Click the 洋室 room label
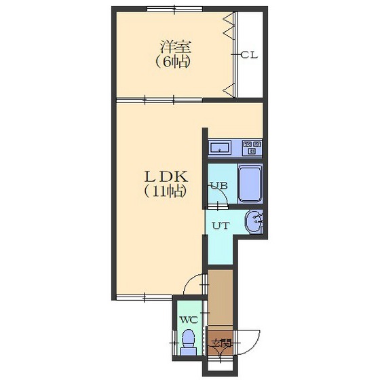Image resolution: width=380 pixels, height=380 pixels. point(176,47)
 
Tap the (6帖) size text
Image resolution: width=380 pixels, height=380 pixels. point(172,62)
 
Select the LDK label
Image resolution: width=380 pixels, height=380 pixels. point(166,176)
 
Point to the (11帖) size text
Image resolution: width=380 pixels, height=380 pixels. point(166,191)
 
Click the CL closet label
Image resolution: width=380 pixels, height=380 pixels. point(249,56)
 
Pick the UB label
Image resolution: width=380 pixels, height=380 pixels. point(218,186)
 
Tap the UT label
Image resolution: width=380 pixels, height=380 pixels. point(221,226)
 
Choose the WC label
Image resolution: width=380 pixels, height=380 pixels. point(189,320)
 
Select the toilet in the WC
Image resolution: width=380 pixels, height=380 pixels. point(189,342)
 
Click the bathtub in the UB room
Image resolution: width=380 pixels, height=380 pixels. point(250,183)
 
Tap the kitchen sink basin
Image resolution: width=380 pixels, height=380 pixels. point(220,148)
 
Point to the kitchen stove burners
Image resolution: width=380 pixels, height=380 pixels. point(252,148)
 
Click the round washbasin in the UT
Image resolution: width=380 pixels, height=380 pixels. point(253,221)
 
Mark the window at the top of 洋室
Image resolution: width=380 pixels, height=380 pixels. point(174,9)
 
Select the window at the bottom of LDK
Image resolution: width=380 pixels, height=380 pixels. point(145,297)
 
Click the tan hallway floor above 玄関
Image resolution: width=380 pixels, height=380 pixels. point(221,297)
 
